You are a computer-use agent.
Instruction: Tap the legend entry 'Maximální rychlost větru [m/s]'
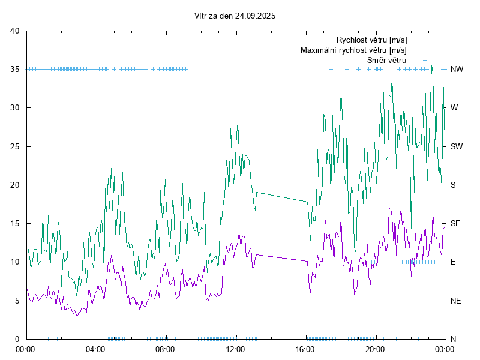coord(353,50)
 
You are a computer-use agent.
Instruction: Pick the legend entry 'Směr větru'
coord(387,60)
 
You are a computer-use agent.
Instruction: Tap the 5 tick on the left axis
coord(17,301)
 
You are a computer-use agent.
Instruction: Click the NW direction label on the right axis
coord(457,70)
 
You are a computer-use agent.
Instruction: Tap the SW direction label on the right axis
coord(457,146)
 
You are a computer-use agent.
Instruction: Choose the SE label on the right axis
coord(455,223)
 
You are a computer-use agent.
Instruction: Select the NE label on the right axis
coord(455,301)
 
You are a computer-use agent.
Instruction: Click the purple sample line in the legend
coord(424,40)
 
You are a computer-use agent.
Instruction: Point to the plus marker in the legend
coord(424,60)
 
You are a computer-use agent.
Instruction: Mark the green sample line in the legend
coord(424,50)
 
